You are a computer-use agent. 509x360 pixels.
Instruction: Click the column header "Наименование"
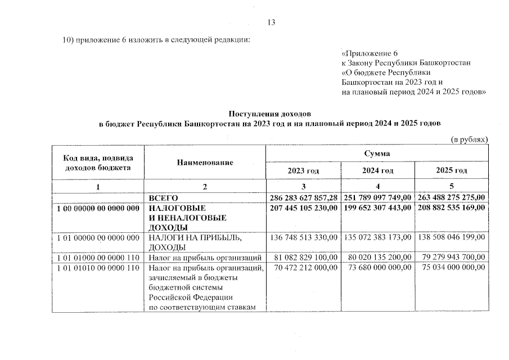(205, 162)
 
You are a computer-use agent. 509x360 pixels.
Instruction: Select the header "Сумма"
(377, 153)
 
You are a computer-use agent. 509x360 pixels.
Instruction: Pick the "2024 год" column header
(377, 170)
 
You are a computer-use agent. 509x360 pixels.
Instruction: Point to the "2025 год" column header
(452, 170)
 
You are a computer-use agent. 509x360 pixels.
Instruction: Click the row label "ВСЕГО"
(164, 197)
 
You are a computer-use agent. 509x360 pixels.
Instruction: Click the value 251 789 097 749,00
(377, 197)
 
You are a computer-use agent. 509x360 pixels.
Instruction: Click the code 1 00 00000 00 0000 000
(98, 208)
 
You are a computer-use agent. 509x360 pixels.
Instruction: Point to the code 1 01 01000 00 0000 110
(98, 258)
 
